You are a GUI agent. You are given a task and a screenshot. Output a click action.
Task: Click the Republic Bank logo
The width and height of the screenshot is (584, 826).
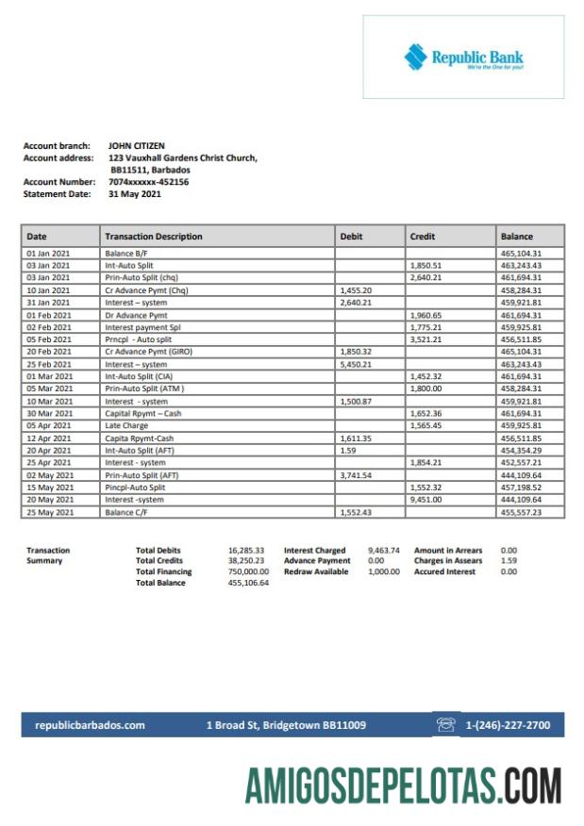pyautogui.click(x=463, y=58)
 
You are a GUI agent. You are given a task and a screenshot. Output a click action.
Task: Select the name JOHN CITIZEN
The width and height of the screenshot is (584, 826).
pyautogui.click(x=136, y=146)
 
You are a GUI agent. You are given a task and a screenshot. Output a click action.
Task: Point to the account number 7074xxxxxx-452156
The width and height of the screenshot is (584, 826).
pyautogui.click(x=148, y=182)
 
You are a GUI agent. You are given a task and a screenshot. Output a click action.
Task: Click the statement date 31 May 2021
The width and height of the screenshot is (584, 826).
pyautogui.click(x=135, y=194)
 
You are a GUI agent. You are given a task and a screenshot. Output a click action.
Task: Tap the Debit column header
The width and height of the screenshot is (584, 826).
pyautogui.click(x=351, y=237)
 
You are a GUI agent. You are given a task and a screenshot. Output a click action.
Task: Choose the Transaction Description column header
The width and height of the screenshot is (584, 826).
pyautogui.click(x=153, y=237)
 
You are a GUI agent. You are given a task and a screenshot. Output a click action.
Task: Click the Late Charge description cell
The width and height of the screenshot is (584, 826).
pyautogui.click(x=127, y=425)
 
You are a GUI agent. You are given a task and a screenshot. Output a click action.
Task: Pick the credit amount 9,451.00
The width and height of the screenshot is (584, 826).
pyautogui.click(x=426, y=500)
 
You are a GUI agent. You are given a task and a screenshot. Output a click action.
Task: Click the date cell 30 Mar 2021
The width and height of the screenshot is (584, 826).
pyautogui.click(x=49, y=413)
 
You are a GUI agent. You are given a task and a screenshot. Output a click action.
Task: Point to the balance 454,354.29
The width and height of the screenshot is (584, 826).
pyautogui.click(x=521, y=451)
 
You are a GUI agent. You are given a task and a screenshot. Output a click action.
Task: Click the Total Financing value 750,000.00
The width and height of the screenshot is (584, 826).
pyautogui.click(x=248, y=571)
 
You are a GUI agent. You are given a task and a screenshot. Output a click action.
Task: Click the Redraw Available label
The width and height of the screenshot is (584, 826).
pyautogui.click(x=316, y=571)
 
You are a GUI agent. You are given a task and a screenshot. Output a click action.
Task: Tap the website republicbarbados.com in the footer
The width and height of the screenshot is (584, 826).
pyautogui.click(x=90, y=725)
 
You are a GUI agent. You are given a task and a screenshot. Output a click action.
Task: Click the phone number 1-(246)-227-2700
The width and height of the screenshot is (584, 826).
pyautogui.click(x=509, y=725)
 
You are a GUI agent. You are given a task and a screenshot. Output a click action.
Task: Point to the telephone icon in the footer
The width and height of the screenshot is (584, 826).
pyautogui.click(x=446, y=725)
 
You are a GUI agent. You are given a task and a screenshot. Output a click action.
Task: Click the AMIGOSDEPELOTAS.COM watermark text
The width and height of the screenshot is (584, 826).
pyautogui.click(x=403, y=785)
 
